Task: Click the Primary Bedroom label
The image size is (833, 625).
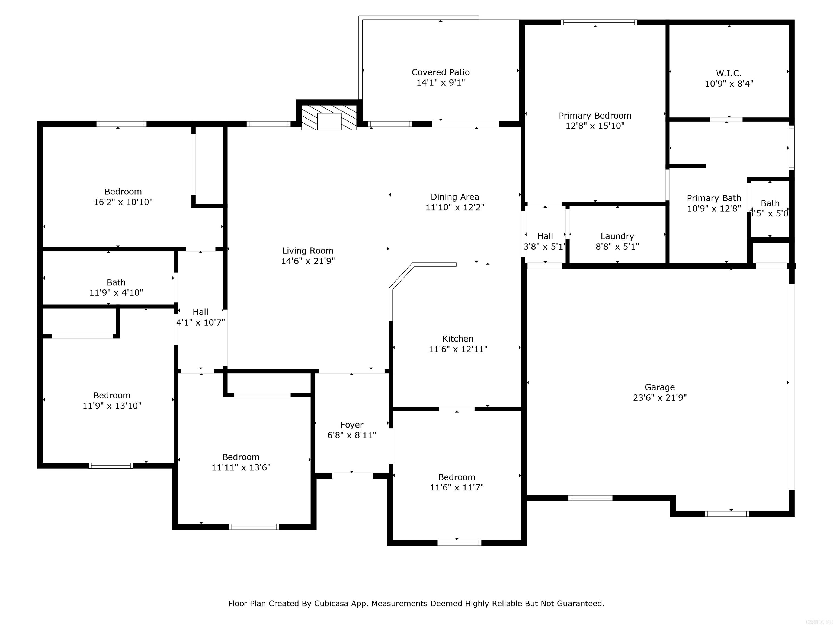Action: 595,116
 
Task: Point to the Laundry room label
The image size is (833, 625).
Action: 617,236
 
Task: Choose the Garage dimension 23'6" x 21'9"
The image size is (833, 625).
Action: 659,397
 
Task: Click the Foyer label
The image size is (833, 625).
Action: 352,425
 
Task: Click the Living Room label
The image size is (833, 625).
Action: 308,251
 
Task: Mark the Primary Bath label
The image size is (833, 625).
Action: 714,198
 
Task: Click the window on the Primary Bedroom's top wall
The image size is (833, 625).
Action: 599,23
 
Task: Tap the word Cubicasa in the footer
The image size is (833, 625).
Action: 331,604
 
